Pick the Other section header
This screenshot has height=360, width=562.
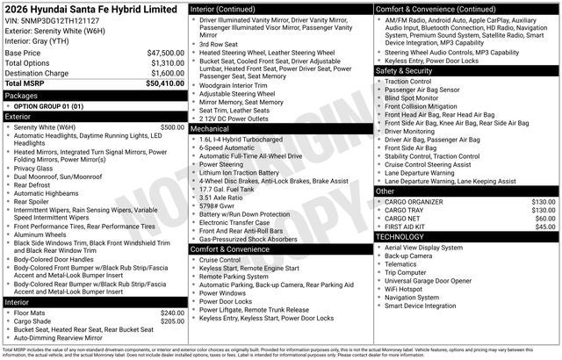pos(385,191)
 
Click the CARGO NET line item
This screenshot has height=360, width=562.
pos(405,219)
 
